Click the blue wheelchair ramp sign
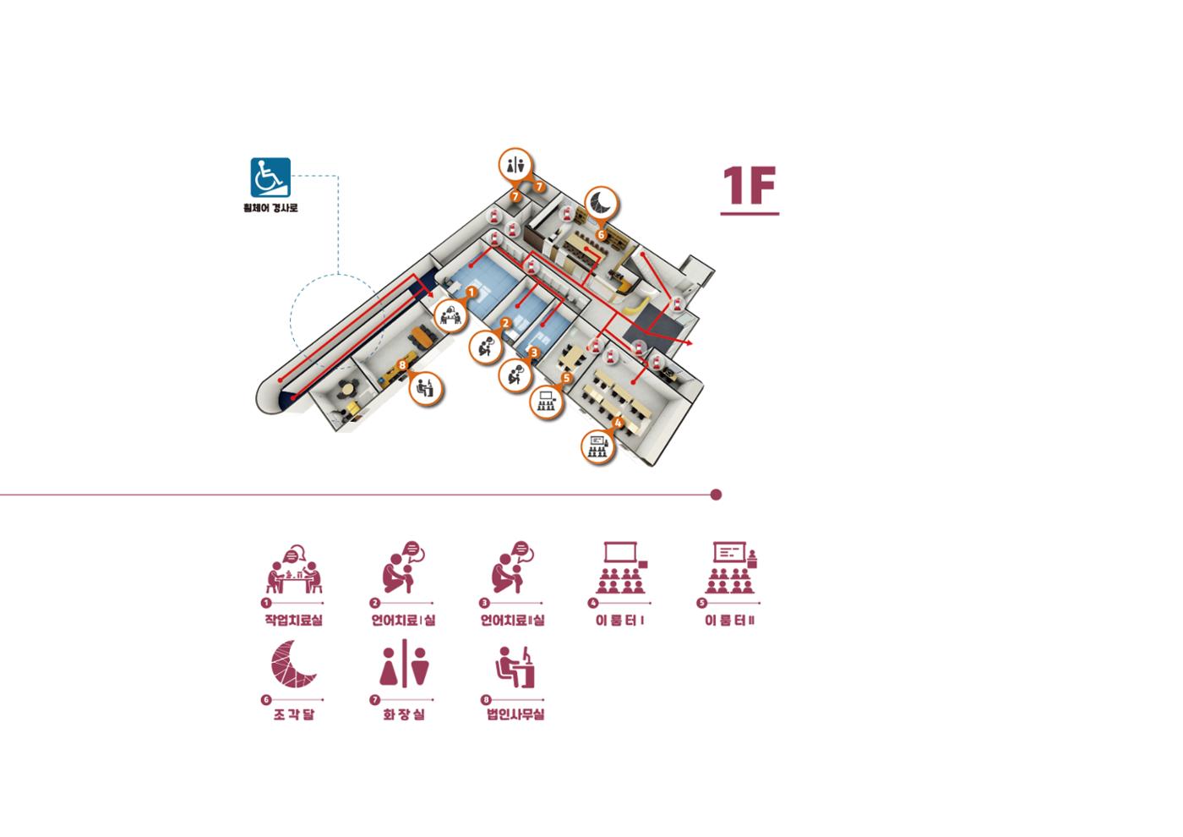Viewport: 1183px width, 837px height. click(x=270, y=178)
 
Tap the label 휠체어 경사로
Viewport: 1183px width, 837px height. click(x=270, y=208)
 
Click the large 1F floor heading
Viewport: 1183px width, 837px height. click(x=749, y=185)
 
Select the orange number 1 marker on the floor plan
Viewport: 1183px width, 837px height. click(x=472, y=293)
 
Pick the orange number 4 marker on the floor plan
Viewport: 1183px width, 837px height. click(x=618, y=423)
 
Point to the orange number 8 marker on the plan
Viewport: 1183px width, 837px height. click(x=402, y=364)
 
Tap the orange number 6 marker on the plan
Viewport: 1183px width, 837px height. click(x=601, y=235)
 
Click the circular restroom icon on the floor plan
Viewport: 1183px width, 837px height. click(x=515, y=166)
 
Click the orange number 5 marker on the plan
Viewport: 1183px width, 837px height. click(x=566, y=378)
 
